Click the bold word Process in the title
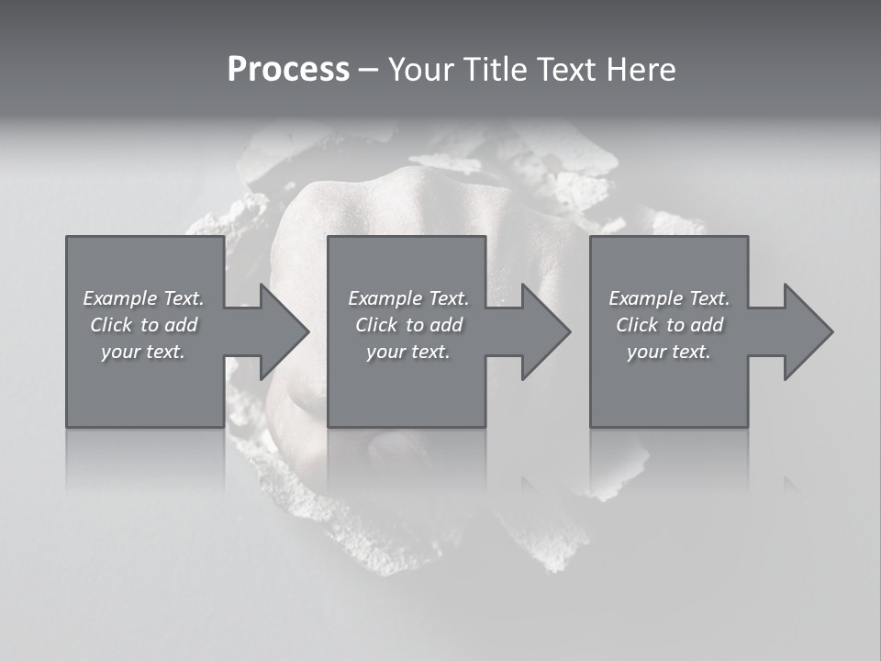(288, 69)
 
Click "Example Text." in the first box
(143, 298)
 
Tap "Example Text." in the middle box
(408, 298)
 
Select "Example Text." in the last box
(669, 298)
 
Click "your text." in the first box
(143, 352)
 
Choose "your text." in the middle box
(408, 352)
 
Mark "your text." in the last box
(669, 352)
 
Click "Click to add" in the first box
(143, 325)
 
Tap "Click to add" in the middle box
(408, 325)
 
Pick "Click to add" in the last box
(669, 325)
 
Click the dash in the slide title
(368, 70)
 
